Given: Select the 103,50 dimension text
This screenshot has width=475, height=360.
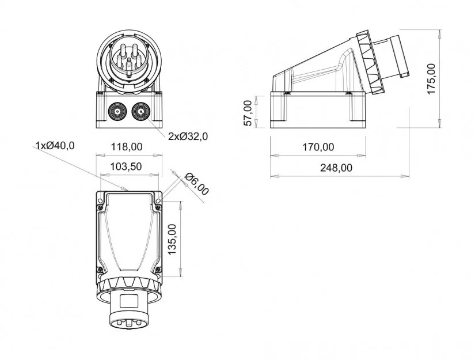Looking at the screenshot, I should point(127,166).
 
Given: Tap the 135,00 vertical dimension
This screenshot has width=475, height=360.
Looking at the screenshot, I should point(172,238).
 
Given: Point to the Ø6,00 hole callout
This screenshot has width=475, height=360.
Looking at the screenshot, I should point(197,184).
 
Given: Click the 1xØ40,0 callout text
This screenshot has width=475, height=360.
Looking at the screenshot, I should point(55,145).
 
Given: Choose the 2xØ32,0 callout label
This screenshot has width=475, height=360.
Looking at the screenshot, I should point(188,137).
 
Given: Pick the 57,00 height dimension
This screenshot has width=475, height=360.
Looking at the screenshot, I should point(248,113).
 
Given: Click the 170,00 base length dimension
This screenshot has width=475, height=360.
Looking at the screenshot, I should point(318,147).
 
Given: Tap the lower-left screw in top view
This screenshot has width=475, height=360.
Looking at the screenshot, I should point(101,270).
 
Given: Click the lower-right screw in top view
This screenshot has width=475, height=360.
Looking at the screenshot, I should point(157,270).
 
